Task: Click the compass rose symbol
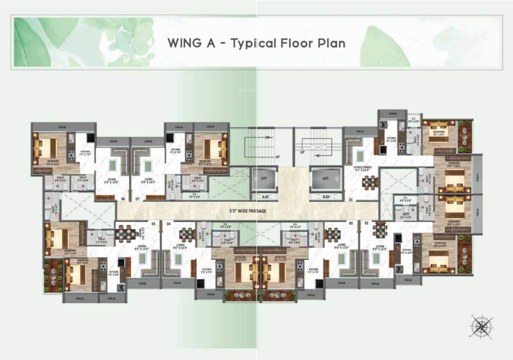tap(481, 325)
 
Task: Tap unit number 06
tap(123, 199)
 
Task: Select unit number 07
tap(137, 199)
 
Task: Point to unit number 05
tap(153, 224)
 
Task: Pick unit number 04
tap(168, 224)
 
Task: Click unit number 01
tap(350, 199)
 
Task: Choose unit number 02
tap(366, 224)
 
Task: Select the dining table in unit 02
tap(380, 230)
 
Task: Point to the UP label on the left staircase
tap(278, 157)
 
